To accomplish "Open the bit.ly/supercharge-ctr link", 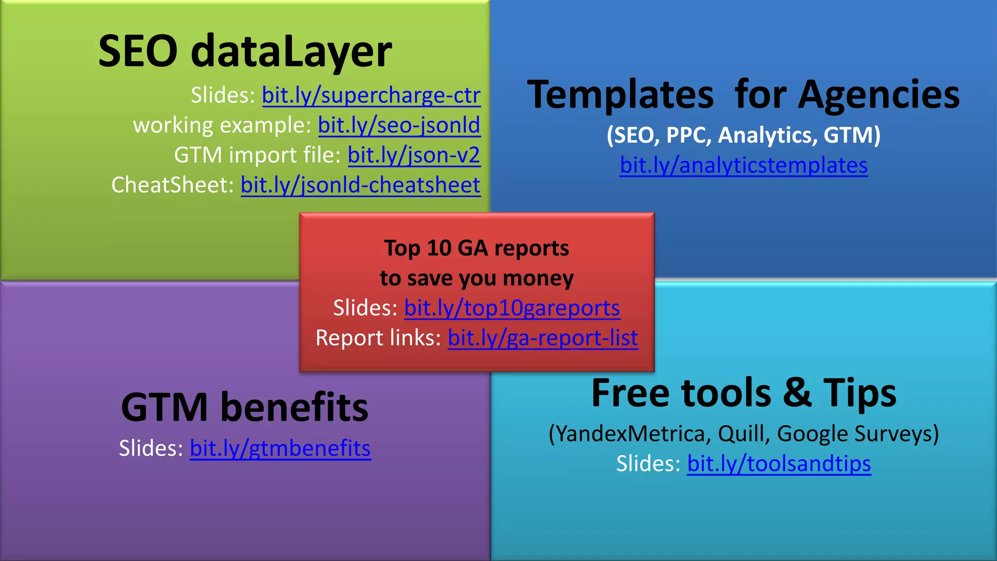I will tap(371, 95).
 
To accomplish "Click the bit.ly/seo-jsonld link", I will tap(399, 125).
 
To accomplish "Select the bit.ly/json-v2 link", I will tap(414, 155).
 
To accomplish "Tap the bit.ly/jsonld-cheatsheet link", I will tap(360, 185).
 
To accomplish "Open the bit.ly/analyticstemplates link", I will tap(743, 166).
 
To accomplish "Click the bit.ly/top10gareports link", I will tap(512, 308).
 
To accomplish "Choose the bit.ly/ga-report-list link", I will tap(542, 338).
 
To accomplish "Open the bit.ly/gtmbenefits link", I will tap(280, 448).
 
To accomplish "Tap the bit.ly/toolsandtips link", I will tap(779, 464).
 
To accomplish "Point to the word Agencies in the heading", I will tap(879, 95).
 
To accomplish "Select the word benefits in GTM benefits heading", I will tap(295, 407).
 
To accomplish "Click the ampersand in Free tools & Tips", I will tap(797, 393).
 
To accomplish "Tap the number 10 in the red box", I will tap(439, 248).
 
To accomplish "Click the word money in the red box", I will tap(538, 278).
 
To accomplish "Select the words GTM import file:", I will tap(258, 155).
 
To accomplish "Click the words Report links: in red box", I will tap(378, 338).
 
